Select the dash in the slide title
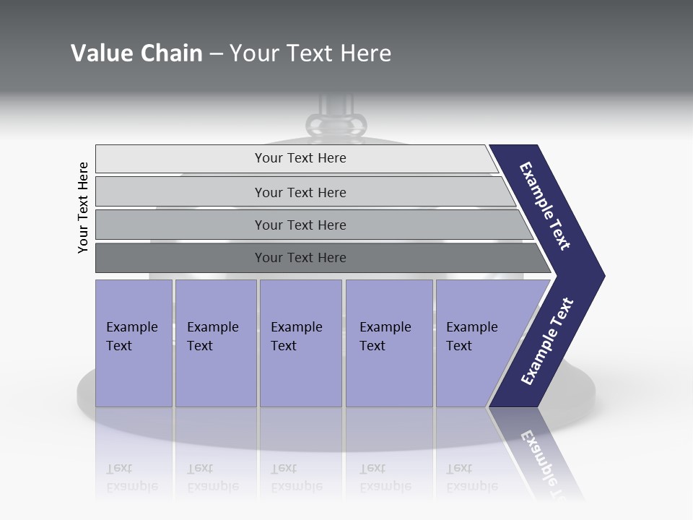click(x=216, y=54)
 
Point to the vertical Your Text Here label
click(x=83, y=207)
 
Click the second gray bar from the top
click(x=300, y=192)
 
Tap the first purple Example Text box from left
click(x=134, y=343)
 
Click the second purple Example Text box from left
click(x=215, y=343)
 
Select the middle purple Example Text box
click(x=300, y=343)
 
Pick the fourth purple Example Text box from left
click(x=389, y=343)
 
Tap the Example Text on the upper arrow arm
click(x=545, y=206)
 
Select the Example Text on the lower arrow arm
click(x=547, y=342)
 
